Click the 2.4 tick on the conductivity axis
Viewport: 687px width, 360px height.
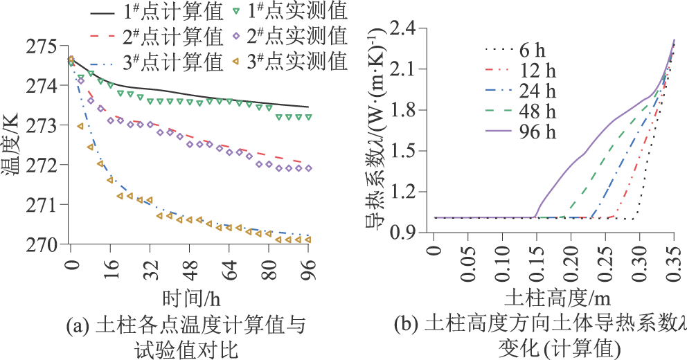pos(407,28)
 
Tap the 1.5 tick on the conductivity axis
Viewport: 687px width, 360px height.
pos(407,151)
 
